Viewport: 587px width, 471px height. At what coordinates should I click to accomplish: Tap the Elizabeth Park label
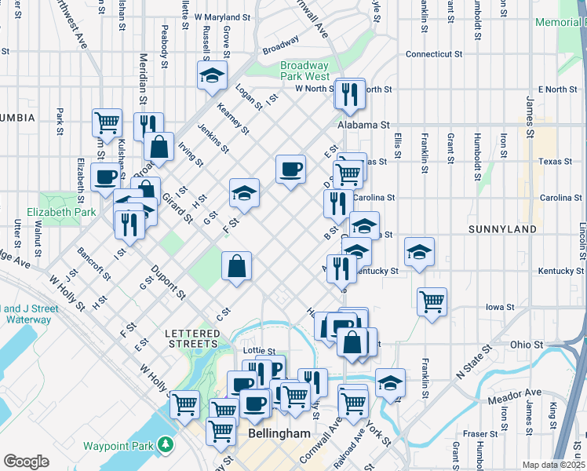click(x=60, y=212)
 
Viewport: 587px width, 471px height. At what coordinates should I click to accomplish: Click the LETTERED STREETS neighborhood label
click(x=192, y=338)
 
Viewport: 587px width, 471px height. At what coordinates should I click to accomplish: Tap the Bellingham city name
click(x=273, y=433)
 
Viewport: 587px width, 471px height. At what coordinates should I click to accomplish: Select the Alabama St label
click(x=363, y=125)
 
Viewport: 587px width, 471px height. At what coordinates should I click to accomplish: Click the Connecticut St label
click(x=433, y=54)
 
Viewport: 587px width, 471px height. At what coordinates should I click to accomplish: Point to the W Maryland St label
click(x=222, y=16)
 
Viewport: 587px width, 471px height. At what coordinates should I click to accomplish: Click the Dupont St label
click(x=169, y=284)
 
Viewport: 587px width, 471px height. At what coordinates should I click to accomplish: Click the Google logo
click(x=26, y=462)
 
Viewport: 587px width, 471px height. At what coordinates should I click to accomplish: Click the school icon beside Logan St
click(x=211, y=75)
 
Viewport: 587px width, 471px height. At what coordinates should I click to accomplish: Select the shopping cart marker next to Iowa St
click(x=432, y=301)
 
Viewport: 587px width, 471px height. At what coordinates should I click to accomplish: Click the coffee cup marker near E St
click(x=290, y=168)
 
